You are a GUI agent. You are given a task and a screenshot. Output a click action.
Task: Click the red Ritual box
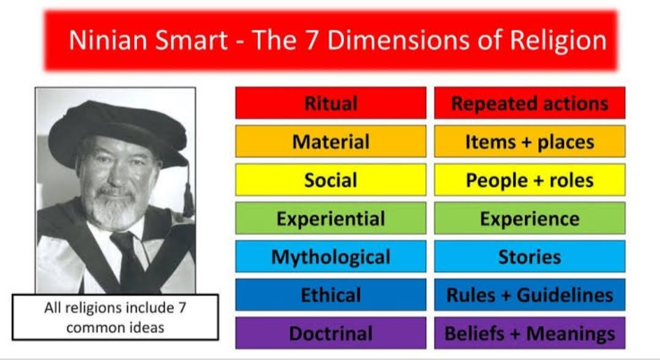[331, 103]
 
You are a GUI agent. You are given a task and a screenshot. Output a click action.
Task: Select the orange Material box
[331, 141]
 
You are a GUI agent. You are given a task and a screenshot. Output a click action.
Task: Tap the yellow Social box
[331, 180]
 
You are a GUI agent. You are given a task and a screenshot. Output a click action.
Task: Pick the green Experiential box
[331, 218]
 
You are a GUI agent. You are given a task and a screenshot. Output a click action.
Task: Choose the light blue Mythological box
[331, 257]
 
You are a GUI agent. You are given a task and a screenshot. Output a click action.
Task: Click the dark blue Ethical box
[331, 295]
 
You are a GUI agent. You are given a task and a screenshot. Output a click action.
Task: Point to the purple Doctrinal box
[331, 333]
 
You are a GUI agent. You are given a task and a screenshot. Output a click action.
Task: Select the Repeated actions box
[530, 103]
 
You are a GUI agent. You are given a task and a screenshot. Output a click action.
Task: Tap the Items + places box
[530, 141]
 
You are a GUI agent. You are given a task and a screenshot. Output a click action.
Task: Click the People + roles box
[530, 180]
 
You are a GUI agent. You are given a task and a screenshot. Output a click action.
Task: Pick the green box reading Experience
[530, 218]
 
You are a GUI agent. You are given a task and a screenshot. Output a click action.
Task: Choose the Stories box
[530, 257]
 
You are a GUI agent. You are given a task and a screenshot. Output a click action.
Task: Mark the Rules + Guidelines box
[530, 295]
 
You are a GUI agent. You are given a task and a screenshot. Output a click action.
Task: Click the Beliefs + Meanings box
[530, 333]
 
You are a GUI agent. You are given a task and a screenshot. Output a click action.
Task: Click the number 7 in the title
[299, 40]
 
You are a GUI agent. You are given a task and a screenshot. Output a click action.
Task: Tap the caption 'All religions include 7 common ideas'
[115, 317]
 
